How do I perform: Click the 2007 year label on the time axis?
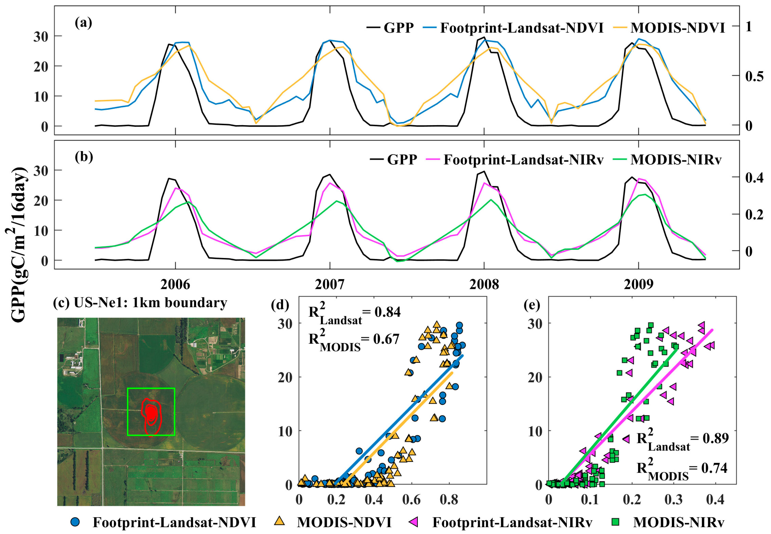[329, 285]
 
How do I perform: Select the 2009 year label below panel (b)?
[638, 285]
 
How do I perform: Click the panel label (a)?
[83, 23]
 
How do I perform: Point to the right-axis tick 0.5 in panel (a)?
[754, 76]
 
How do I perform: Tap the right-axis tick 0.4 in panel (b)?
[754, 178]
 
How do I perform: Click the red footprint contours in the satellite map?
[151, 414]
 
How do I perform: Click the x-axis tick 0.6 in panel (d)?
[411, 500]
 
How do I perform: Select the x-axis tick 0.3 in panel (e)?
[673, 500]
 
